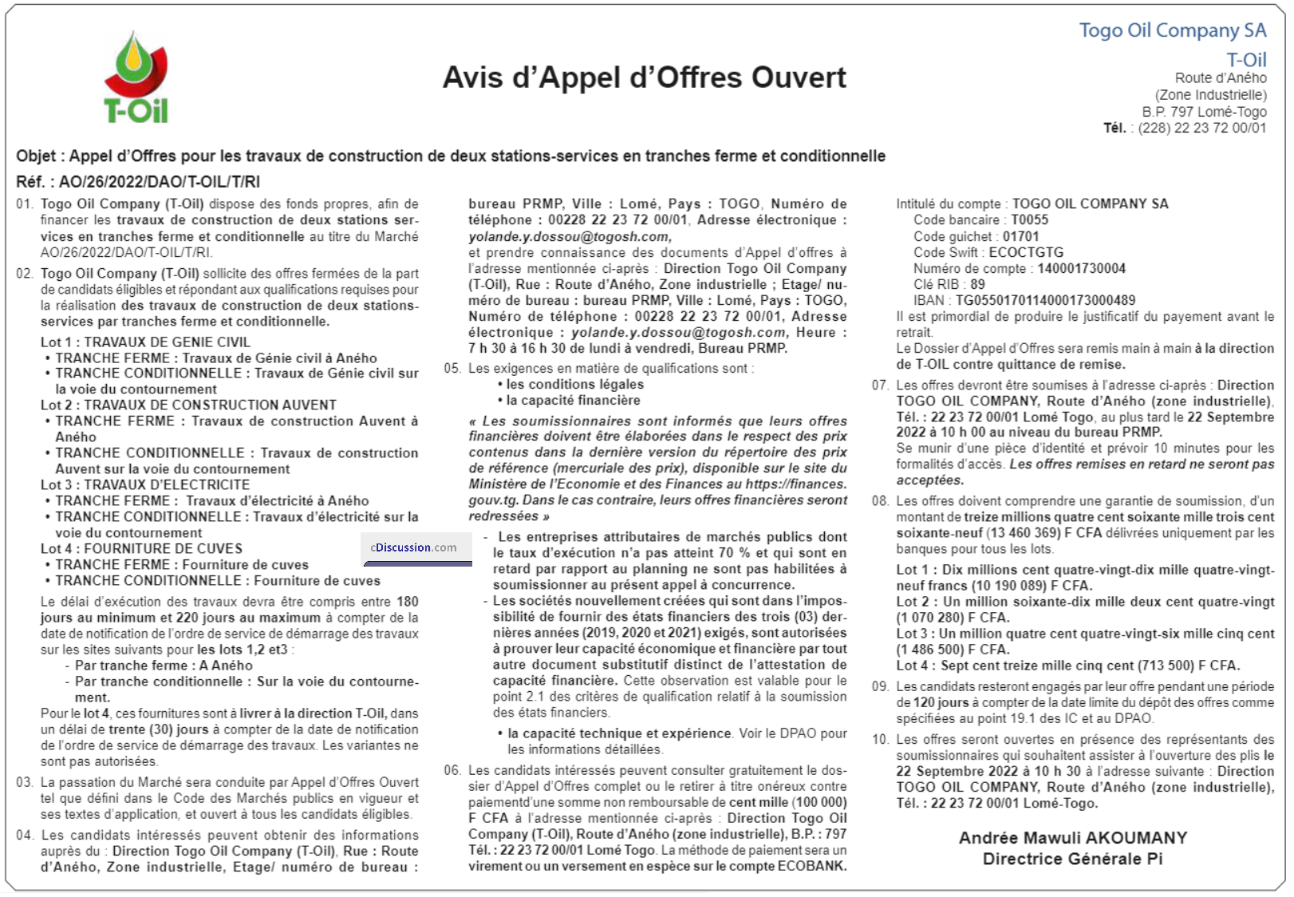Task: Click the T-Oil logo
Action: click(x=136, y=77)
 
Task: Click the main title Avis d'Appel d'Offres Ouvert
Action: click(x=644, y=77)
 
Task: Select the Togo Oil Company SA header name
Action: click(x=1172, y=30)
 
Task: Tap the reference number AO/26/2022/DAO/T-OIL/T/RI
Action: click(x=160, y=182)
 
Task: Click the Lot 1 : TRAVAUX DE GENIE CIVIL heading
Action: click(x=145, y=342)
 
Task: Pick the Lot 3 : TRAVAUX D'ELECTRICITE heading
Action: click(x=145, y=484)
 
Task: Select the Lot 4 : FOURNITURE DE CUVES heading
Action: click(x=141, y=548)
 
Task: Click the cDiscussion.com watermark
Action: click(x=414, y=547)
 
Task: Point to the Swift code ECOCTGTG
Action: click(x=1026, y=252)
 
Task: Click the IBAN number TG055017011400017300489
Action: click(x=1045, y=300)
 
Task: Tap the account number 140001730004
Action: click(x=1081, y=268)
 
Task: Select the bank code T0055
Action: click(x=1030, y=219)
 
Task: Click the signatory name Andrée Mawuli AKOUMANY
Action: click(x=1072, y=838)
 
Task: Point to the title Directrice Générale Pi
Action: click(x=1072, y=859)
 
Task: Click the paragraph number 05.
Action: click(x=452, y=369)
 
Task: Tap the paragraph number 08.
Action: click(x=880, y=501)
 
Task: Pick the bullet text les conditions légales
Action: click(x=574, y=385)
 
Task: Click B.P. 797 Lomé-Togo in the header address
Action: click(x=1204, y=112)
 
